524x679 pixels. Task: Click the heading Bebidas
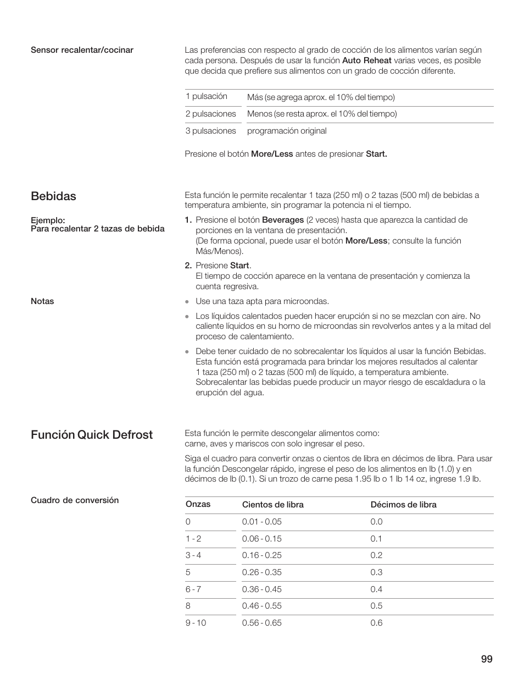[53, 196]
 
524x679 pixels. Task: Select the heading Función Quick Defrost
[92, 435]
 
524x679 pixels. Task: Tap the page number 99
[486, 660]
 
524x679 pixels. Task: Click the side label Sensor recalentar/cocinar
[82, 50]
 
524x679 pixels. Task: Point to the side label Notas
[42, 301]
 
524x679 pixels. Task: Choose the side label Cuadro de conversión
[75, 500]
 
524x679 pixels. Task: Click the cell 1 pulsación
[207, 96]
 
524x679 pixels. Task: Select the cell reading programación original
[287, 131]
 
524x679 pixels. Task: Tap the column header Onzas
[198, 504]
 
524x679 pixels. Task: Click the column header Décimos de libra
[404, 505]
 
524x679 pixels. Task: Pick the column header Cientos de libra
[273, 505]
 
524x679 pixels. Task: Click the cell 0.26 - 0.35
[262, 572]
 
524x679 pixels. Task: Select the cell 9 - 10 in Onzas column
[196, 623]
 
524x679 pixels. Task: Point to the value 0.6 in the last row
[376, 623]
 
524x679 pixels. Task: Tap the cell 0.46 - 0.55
[262, 606]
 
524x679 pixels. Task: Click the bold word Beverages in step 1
[283, 220]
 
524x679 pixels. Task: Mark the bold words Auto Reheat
[367, 60]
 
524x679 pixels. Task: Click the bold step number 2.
[188, 266]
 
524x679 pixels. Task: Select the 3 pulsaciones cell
[211, 131]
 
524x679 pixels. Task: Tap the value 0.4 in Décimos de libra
[376, 589]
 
